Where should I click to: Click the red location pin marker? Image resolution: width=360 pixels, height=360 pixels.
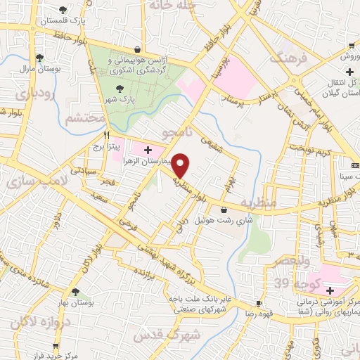click(181, 165)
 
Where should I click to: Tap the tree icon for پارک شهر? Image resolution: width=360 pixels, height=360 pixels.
click(118, 89)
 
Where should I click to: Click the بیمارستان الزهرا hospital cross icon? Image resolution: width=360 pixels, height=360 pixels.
click(148, 150)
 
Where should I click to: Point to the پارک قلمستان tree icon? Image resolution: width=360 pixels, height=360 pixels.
click(63, 10)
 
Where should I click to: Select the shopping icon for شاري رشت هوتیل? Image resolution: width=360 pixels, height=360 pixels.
click(224, 210)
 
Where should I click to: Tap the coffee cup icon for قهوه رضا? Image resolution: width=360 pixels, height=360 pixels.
click(259, 304)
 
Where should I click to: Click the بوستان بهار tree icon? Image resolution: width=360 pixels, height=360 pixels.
click(75, 292)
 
